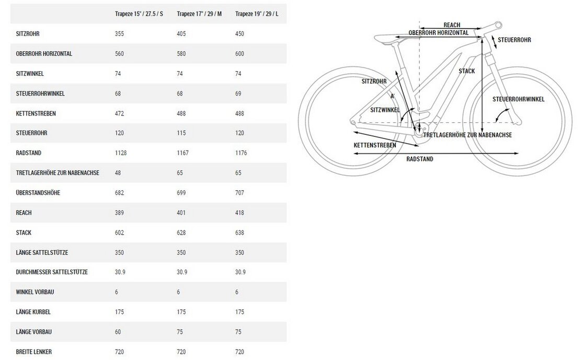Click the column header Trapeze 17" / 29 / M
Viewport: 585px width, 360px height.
coord(199,14)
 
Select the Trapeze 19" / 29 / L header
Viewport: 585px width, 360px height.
coord(257,14)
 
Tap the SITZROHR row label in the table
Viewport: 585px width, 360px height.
coord(28,33)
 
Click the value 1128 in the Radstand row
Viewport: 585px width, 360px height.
coord(121,153)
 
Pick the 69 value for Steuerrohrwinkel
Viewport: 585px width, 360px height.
coord(238,93)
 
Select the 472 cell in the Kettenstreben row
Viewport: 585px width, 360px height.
coord(119,113)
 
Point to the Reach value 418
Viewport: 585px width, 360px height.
coord(239,213)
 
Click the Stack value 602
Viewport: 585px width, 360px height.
coord(119,233)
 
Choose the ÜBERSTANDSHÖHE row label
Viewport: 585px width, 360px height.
coord(38,192)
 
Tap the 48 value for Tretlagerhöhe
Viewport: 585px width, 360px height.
coord(118,173)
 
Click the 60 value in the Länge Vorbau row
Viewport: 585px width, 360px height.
coord(118,332)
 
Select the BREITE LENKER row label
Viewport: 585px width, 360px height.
coord(34,352)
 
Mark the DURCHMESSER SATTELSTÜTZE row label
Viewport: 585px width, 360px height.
coord(52,272)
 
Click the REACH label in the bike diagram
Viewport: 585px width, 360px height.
coord(452,25)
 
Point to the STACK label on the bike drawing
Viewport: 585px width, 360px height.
coord(467,71)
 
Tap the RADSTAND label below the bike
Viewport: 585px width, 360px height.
coord(420,159)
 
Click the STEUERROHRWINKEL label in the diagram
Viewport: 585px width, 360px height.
coord(519,99)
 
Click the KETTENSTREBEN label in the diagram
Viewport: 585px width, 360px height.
coord(375,145)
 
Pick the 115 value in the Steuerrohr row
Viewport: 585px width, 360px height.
coord(181,133)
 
